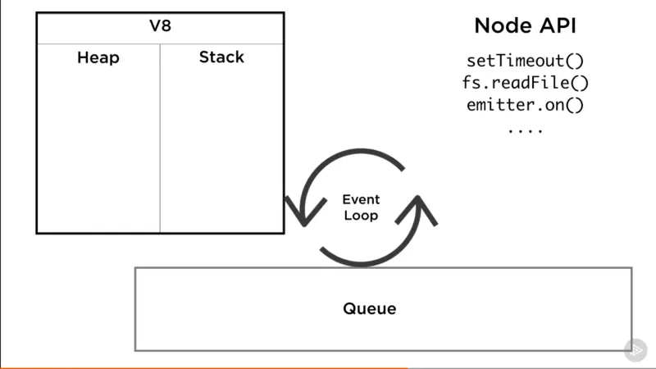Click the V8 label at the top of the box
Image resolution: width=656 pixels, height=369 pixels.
tap(161, 26)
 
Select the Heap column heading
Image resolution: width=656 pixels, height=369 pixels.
tap(98, 57)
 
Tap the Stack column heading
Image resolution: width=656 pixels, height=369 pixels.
tap(221, 57)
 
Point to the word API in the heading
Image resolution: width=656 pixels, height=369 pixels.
tap(554, 26)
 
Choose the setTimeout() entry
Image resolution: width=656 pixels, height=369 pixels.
tap(526, 61)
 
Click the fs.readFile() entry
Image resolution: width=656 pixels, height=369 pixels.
tap(526, 84)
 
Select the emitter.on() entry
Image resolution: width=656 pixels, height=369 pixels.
tap(526, 106)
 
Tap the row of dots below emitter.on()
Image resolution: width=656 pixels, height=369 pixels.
tap(526, 130)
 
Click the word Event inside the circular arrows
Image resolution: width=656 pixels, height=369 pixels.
tap(361, 200)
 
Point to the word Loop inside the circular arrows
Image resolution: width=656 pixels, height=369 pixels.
tap(361, 216)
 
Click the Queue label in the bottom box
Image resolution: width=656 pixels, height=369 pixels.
tap(369, 309)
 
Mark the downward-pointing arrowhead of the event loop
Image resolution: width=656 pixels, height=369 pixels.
tap(304, 216)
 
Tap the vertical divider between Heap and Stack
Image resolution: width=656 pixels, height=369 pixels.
tap(160, 139)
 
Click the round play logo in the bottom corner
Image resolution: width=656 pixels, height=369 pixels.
tap(636, 350)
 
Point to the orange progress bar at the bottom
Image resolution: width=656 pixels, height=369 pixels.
tap(205, 367)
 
